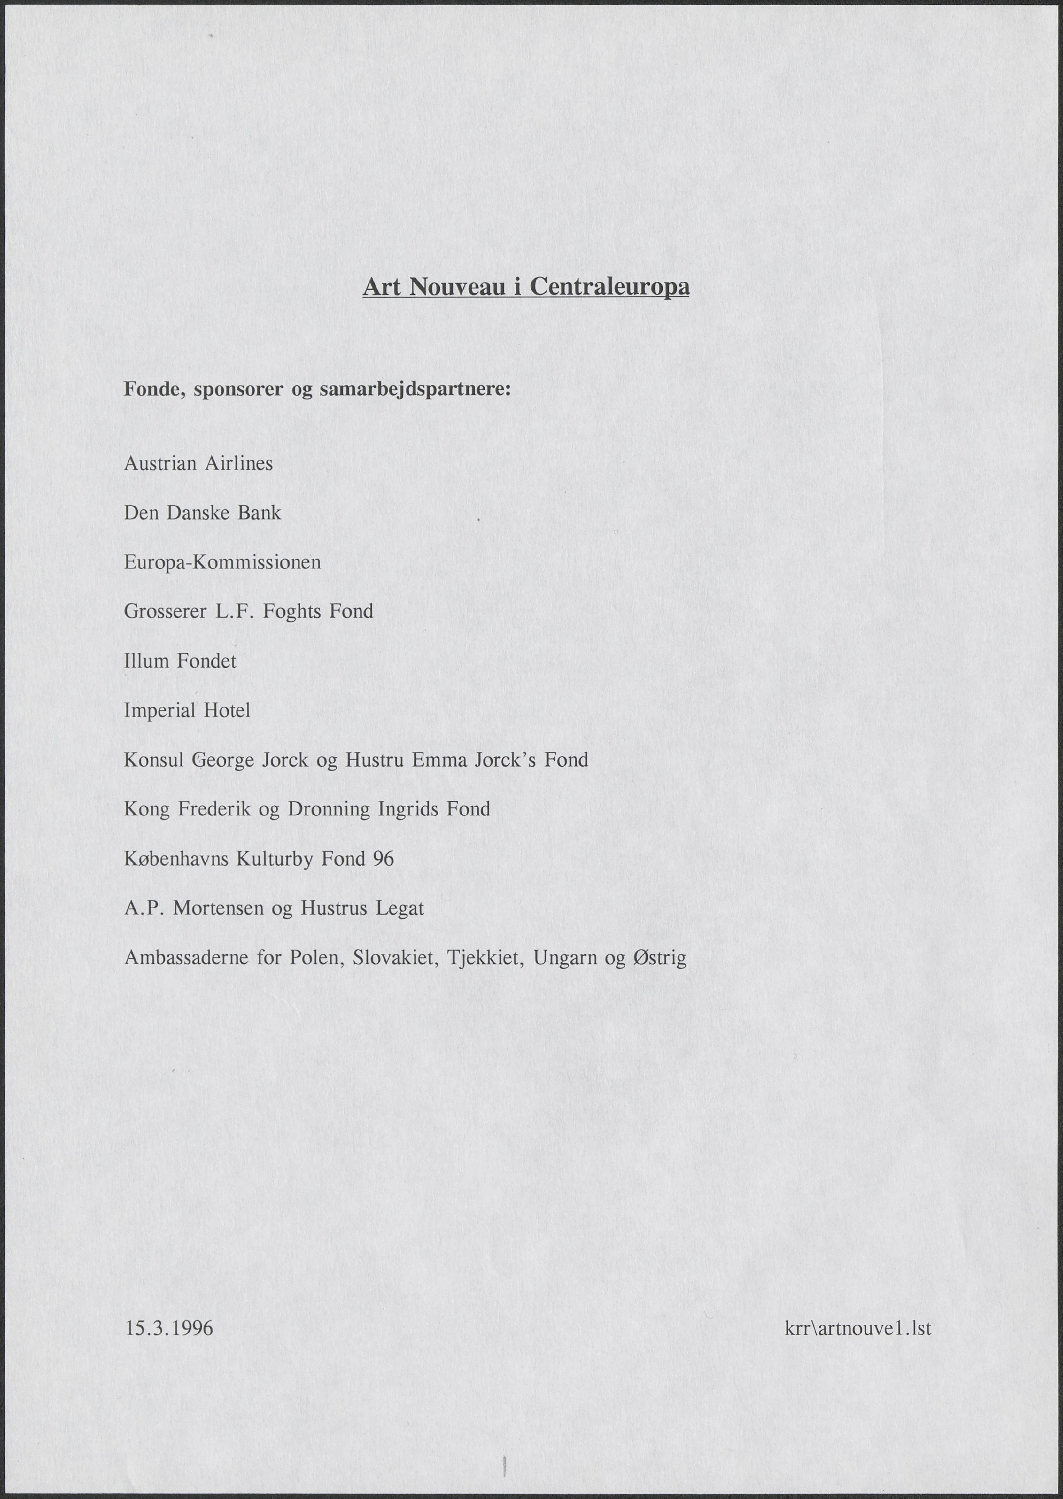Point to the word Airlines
(x=239, y=464)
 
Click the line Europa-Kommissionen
(x=222, y=563)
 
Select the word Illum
(x=146, y=661)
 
